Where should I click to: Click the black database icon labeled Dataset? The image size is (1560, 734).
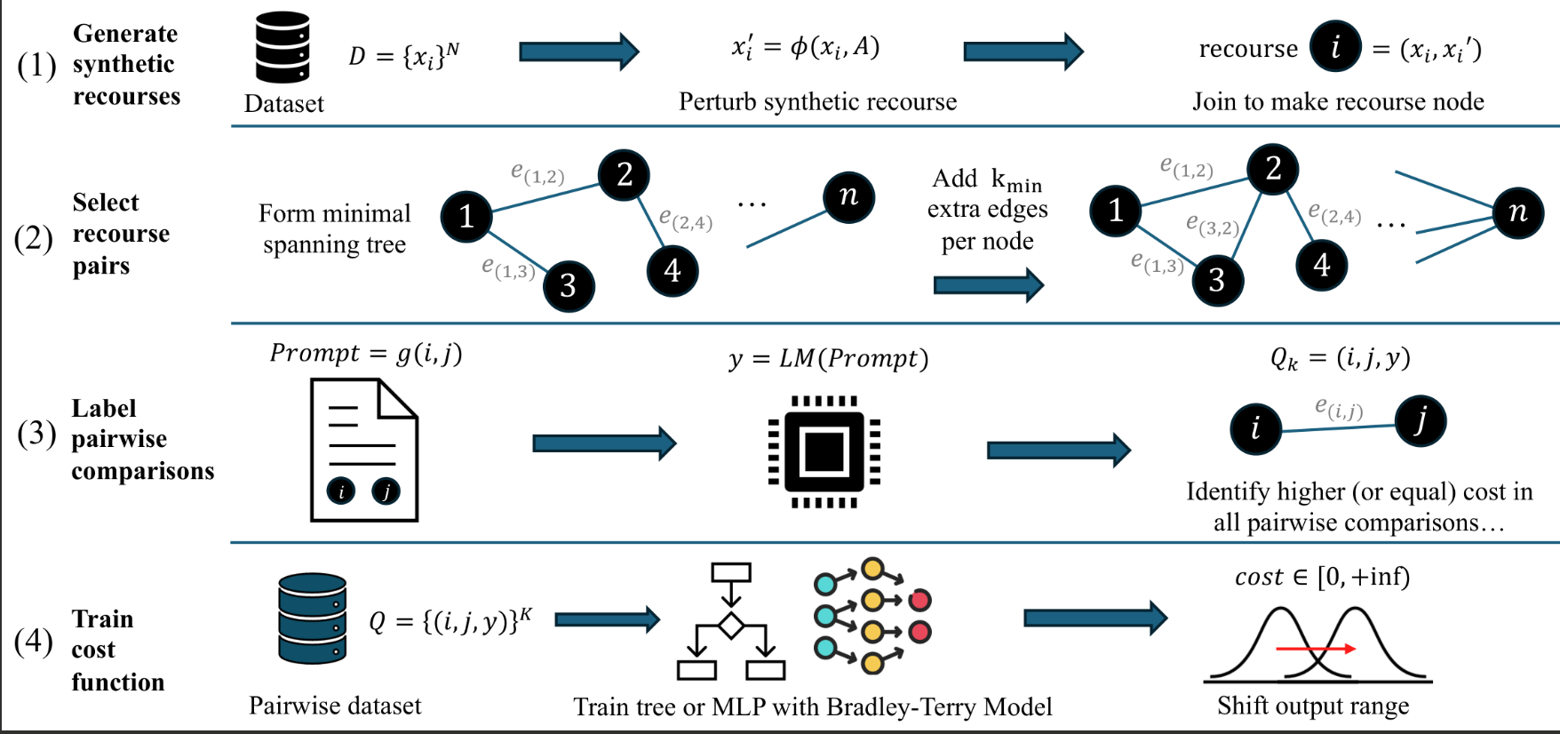[283, 48]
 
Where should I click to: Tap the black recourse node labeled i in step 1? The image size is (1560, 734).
[1335, 46]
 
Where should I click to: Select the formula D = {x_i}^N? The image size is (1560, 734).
[404, 56]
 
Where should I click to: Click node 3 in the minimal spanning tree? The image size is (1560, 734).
[569, 285]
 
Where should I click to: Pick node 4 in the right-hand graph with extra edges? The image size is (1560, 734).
[1322, 265]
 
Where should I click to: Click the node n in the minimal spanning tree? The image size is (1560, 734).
[849, 196]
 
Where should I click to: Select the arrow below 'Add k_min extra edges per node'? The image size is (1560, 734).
[989, 285]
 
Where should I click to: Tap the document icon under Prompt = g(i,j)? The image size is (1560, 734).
[364, 450]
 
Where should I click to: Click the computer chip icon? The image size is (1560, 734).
[824, 452]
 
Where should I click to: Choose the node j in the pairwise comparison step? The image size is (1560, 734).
[1421, 420]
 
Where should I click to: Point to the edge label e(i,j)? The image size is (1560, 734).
[1339, 409]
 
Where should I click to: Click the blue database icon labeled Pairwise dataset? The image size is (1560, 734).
[312, 618]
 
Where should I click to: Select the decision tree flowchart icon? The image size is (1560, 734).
[730, 622]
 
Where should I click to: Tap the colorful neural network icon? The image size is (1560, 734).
[872, 615]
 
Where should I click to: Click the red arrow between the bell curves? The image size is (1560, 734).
[1316, 649]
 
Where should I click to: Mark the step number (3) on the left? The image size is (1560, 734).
[36, 434]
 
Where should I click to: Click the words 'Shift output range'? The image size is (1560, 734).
[1313, 706]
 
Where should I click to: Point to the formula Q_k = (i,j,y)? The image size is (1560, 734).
[1340, 358]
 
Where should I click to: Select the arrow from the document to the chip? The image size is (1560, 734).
[604, 443]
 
